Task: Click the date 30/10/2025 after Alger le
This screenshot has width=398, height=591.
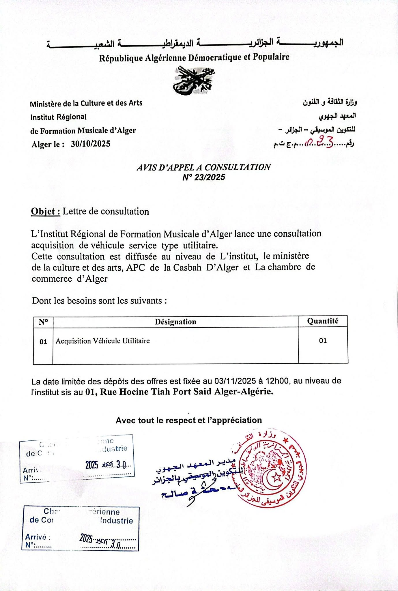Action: (x=91, y=144)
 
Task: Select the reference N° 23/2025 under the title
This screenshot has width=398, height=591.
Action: (x=203, y=177)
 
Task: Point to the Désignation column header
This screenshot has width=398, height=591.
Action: (x=175, y=322)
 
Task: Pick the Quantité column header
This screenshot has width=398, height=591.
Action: (x=323, y=321)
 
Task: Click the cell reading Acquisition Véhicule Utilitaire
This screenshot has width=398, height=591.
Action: (x=103, y=341)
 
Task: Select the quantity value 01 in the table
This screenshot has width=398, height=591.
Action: (x=323, y=341)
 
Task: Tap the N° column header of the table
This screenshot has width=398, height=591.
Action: (x=43, y=322)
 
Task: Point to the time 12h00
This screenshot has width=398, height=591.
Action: (x=277, y=381)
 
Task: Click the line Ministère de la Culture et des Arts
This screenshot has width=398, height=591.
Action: (x=86, y=103)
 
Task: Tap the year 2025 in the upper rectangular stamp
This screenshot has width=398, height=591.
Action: (x=92, y=465)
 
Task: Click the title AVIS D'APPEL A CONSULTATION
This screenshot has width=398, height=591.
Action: (x=203, y=167)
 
